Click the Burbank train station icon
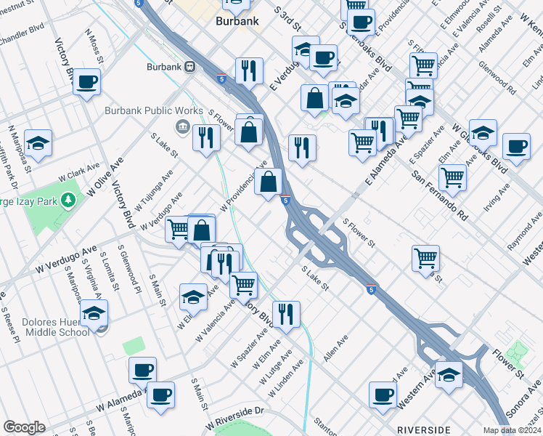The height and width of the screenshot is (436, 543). point(190,66)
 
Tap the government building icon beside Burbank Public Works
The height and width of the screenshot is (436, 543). point(182,129)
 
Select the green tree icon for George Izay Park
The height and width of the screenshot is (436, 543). point(69,198)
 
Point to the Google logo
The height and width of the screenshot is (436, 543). point(24,427)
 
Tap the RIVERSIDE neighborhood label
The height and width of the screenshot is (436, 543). point(425,429)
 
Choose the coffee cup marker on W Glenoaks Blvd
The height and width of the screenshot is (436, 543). point(516,146)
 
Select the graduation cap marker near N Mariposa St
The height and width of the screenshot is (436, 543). point(38,142)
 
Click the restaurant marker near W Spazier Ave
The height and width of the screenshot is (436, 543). point(286,315)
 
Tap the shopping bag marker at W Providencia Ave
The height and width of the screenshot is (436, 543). point(269,182)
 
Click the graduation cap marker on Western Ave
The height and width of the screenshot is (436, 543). point(449,375)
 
